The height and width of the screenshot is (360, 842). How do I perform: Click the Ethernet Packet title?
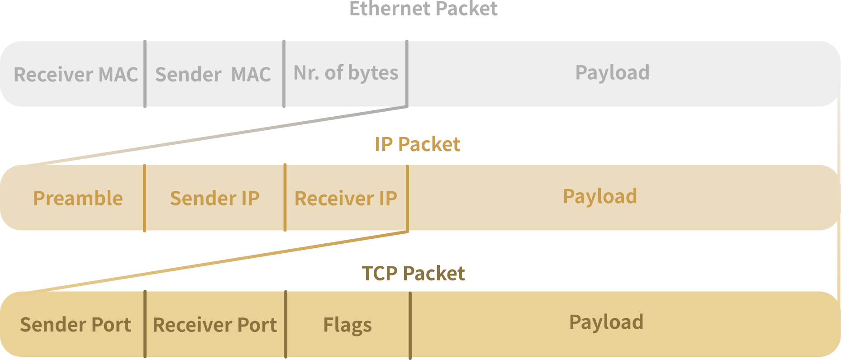coord(423,9)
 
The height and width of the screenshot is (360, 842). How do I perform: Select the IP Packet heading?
coord(417,145)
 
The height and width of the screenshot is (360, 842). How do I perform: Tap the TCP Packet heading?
coord(413,274)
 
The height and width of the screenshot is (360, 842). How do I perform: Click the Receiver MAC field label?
coord(76,75)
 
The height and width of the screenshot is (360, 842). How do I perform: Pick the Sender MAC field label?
coord(213,75)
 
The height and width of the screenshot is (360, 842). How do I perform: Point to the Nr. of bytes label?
coord(346,73)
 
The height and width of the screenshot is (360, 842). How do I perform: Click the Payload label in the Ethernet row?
coord(612,72)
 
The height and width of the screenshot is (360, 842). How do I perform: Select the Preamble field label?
coord(78,199)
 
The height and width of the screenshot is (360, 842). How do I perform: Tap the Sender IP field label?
coord(214,199)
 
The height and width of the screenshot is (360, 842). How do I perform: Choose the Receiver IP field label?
coord(346,199)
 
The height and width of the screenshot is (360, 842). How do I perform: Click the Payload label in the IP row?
coord(599,196)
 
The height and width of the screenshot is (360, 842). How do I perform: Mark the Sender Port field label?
coord(76,325)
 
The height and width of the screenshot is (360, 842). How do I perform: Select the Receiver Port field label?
coord(214,325)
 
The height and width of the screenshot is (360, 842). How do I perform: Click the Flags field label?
coord(347,325)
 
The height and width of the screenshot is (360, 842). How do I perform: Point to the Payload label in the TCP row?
coord(606,322)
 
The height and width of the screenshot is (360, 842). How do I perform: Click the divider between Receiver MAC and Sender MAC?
coord(145,74)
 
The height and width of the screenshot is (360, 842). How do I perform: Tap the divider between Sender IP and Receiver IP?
coord(285,198)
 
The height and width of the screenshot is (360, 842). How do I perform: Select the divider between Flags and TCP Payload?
coord(410,325)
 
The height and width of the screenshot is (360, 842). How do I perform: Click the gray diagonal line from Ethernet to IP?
coord(217,136)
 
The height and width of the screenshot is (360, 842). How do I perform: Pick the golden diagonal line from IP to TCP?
coord(217,261)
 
